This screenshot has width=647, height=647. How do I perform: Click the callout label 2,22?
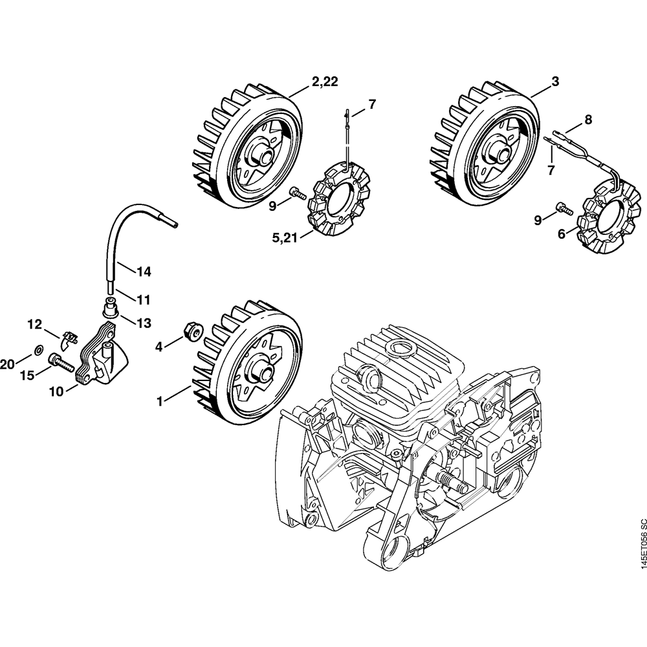(325, 82)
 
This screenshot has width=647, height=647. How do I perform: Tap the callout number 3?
(555, 82)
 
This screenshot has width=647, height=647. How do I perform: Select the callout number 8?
(588, 120)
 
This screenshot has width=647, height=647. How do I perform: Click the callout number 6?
(561, 234)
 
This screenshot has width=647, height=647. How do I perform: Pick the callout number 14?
(144, 272)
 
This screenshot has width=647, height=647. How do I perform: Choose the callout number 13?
(144, 323)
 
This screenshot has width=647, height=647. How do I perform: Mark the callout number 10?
(56, 391)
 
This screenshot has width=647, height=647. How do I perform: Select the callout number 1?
(159, 400)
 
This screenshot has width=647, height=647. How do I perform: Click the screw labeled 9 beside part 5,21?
(300, 192)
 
